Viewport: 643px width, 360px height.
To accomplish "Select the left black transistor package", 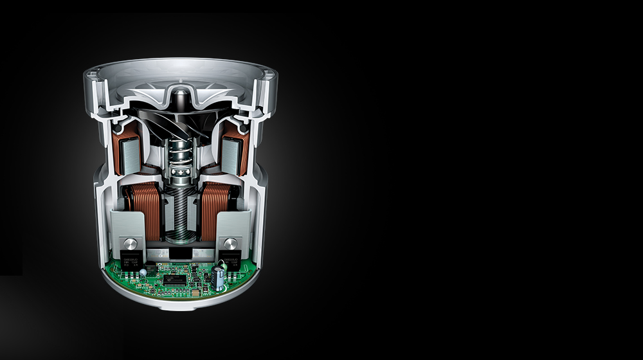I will point(131,261).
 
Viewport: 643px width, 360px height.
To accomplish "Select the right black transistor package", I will point(230,260).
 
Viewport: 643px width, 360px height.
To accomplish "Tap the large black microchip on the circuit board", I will point(174,280).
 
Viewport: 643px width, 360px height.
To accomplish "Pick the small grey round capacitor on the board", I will point(143,273).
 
